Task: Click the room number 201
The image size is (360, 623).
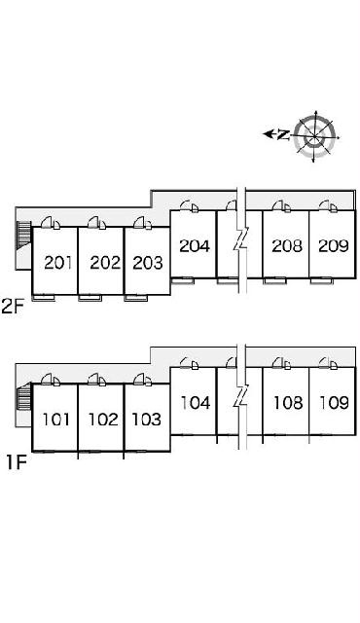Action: (x=58, y=263)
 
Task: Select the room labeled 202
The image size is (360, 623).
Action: (x=105, y=263)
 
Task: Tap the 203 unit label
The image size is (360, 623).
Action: (x=148, y=263)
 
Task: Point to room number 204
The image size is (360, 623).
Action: (x=195, y=246)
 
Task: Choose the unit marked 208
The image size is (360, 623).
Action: (x=287, y=246)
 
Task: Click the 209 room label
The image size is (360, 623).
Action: (x=334, y=246)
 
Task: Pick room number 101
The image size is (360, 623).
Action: (x=56, y=420)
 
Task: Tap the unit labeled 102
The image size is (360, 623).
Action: (x=103, y=420)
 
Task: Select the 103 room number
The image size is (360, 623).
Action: (x=146, y=420)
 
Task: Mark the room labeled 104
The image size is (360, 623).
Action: (x=196, y=403)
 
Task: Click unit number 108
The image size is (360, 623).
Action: (x=288, y=403)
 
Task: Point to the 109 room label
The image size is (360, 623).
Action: (x=335, y=403)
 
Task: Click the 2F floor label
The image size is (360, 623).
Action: (x=13, y=308)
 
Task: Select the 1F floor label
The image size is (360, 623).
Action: (x=16, y=462)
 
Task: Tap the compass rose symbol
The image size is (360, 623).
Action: (x=315, y=136)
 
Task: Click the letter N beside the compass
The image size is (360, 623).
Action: (x=282, y=135)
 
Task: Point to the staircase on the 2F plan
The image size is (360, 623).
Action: (x=23, y=236)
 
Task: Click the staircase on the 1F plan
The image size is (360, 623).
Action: (x=24, y=396)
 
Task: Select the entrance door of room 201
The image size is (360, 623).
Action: (x=51, y=223)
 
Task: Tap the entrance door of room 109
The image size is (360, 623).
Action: (x=328, y=363)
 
